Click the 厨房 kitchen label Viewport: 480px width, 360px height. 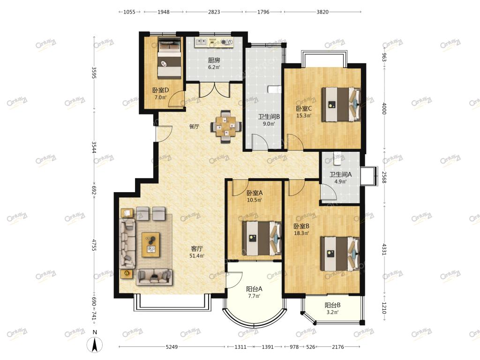click(x=214, y=60)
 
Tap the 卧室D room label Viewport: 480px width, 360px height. click(x=161, y=90)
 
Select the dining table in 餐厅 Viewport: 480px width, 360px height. click(x=226, y=126)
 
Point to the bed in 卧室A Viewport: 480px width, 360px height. click(x=262, y=238)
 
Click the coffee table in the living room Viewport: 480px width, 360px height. click(x=150, y=245)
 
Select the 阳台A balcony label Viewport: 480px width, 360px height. click(x=254, y=289)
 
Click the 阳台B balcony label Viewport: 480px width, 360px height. click(x=332, y=305)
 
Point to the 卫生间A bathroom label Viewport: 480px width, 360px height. click(x=340, y=174)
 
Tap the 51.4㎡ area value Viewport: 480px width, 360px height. click(x=197, y=256)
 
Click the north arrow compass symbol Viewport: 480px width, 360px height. click(x=95, y=345)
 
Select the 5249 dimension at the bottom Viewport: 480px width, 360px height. click(x=172, y=347)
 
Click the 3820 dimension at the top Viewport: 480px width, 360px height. click(x=322, y=12)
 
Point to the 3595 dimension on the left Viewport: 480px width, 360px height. click(x=94, y=73)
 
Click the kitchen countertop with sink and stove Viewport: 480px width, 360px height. click(x=214, y=43)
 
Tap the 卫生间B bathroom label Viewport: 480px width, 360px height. click(x=269, y=117)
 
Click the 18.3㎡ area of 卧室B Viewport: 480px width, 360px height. click(x=301, y=233)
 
